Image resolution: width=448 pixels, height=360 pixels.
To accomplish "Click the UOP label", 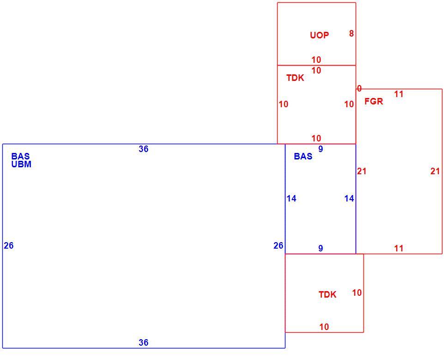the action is [x=320, y=35].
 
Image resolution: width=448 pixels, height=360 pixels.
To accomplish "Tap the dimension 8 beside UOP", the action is [x=351, y=33].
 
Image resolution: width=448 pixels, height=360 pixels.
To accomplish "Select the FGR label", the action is [x=374, y=101].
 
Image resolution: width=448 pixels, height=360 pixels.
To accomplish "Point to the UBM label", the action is [x=21, y=165].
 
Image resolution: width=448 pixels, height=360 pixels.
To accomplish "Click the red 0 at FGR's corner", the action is [x=359, y=88].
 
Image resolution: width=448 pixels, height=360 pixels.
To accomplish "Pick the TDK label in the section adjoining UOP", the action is [x=295, y=78].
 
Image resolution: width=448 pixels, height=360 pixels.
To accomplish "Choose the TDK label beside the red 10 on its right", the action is [x=327, y=294].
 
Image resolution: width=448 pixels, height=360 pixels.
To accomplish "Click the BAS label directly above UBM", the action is [x=21, y=156].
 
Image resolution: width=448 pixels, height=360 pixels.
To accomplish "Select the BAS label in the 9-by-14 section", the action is [x=303, y=156].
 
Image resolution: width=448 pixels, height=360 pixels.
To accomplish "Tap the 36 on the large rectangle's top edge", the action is [x=144, y=149].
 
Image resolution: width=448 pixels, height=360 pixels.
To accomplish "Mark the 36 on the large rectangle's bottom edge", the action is [x=144, y=342].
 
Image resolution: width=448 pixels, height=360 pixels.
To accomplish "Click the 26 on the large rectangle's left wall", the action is [x=9, y=246].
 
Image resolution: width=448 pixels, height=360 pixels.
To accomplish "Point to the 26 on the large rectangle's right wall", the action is [x=278, y=246].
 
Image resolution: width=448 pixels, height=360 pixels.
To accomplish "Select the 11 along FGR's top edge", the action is [x=399, y=94].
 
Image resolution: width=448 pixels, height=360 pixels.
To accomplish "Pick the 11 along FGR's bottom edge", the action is [x=399, y=249].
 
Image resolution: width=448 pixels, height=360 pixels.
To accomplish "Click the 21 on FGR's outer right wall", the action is [x=435, y=171].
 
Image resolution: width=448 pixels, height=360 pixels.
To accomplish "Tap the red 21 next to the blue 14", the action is [x=362, y=171].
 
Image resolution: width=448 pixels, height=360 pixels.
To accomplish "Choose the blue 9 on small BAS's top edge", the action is [x=321, y=149].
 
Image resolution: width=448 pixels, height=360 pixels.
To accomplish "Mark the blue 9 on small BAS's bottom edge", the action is [x=321, y=249].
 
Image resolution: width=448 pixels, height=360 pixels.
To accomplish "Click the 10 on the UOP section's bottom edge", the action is [x=316, y=60].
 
